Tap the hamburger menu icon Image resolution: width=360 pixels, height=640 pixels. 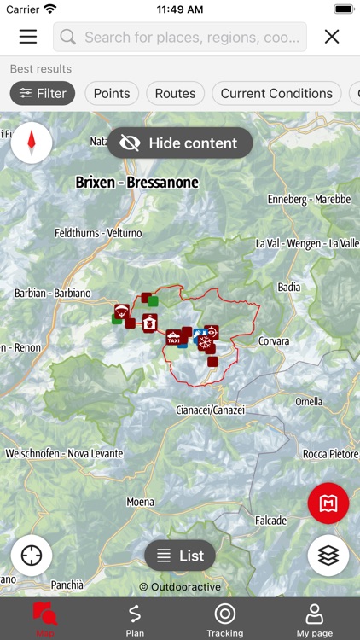(28, 37)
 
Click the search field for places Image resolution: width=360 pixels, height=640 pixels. (180, 37)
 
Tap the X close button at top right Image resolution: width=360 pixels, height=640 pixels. (332, 37)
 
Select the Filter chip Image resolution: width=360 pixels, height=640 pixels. (43, 94)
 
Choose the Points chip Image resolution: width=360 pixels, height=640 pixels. (112, 94)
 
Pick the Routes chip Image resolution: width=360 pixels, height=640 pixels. (175, 94)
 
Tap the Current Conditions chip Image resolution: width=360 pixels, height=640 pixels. (276, 94)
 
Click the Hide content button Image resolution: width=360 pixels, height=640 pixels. (180, 143)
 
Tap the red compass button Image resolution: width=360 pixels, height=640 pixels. (32, 142)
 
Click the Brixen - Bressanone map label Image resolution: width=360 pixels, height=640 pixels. (136, 183)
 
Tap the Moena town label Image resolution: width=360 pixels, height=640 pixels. (141, 503)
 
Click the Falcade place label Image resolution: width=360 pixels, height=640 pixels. (270, 521)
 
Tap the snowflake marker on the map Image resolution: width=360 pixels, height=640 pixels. (205, 343)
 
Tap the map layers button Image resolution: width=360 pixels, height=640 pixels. (328, 556)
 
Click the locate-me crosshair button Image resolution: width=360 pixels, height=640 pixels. (32, 556)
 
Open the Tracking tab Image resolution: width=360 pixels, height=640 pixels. (224, 620)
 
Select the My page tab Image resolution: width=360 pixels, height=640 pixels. (314, 620)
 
